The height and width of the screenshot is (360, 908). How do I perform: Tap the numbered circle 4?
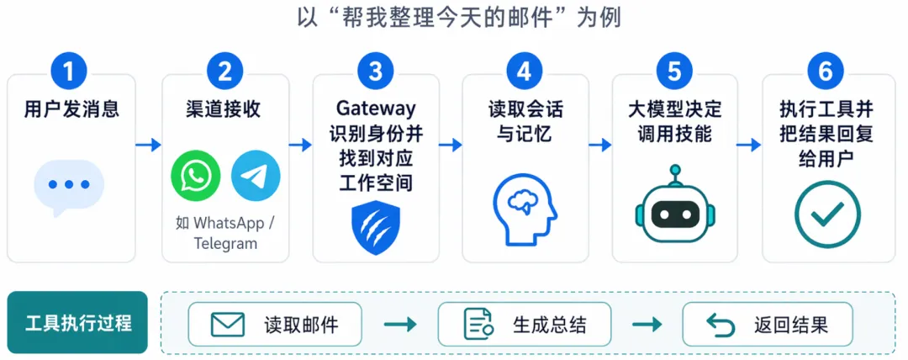pyautogui.click(x=525, y=71)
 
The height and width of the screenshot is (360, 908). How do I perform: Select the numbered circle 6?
pyautogui.click(x=825, y=71)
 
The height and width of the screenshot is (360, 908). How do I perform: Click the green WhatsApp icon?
pyautogui.click(x=195, y=176)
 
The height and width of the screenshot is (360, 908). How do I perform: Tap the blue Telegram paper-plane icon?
pyautogui.click(x=256, y=176)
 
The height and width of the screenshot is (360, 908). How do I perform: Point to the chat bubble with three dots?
pyautogui.click(x=69, y=186)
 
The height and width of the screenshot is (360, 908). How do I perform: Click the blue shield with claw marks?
pyautogui.click(x=376, y=227)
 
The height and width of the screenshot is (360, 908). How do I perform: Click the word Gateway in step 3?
pyautogui.click(x=376, y=109)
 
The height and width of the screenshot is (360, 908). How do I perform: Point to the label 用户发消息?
pyautogui.click(x=71, y=109)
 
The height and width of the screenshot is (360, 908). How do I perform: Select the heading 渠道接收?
pyautogui.click(x=224, y=109)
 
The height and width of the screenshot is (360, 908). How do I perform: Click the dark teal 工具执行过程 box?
pyautogui.click(x=78, y=323)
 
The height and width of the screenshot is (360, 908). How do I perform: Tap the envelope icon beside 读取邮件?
pyautogui.click(x=227, y=324)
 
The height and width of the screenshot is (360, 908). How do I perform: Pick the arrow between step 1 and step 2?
pyautogui.click(x=148, y=145)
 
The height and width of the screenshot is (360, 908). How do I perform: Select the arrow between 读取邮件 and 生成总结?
pyautogui.click(x=399, y=325)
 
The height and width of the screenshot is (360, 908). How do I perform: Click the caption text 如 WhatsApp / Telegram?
pyautogui.click(x=224, y=233)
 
